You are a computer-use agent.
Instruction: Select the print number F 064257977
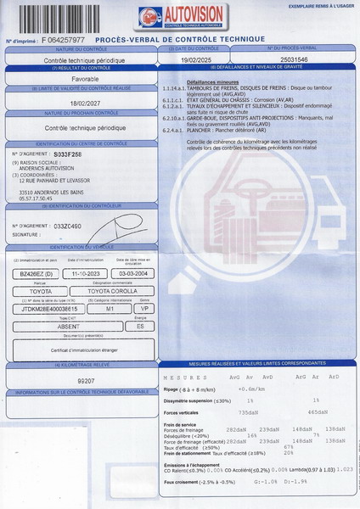(x=60, y=39)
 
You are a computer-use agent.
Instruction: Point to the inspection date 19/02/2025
(x=194, y=60)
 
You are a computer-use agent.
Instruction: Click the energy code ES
(x=139, y=325)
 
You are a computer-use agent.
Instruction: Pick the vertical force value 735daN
(x=248, y=411)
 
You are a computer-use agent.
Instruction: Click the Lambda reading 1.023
(x=344, y=468)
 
